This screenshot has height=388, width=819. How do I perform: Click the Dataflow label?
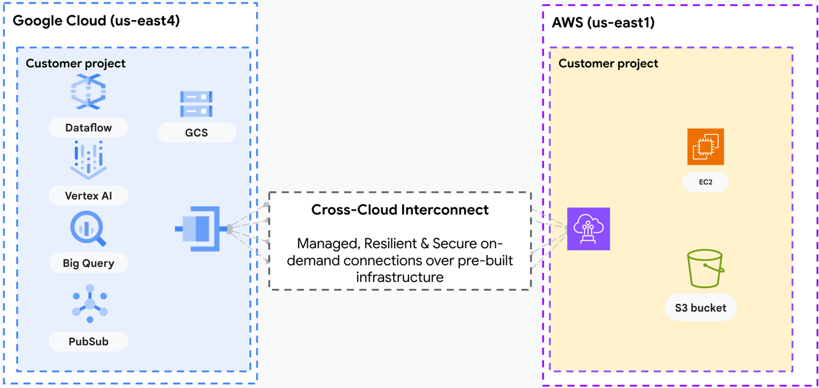88,128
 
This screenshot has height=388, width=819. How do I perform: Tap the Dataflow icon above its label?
88,93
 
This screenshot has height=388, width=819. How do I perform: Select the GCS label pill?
196,133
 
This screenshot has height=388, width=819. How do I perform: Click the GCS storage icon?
196,104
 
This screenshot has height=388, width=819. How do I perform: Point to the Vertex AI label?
88,196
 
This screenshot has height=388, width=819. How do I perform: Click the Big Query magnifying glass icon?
88,229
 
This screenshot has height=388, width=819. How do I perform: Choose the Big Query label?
88,263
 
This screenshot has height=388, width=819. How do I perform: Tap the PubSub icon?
90,304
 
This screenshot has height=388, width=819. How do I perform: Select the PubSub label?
88,341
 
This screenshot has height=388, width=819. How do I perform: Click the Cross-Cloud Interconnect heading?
400,210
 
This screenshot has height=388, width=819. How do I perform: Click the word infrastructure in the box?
400,277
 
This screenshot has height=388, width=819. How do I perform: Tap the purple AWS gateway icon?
589,229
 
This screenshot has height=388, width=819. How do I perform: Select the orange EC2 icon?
705,147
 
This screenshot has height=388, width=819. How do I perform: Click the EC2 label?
705,182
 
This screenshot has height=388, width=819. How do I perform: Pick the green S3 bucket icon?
705,269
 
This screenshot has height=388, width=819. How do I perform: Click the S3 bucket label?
700,308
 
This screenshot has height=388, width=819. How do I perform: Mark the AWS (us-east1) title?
603,23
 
